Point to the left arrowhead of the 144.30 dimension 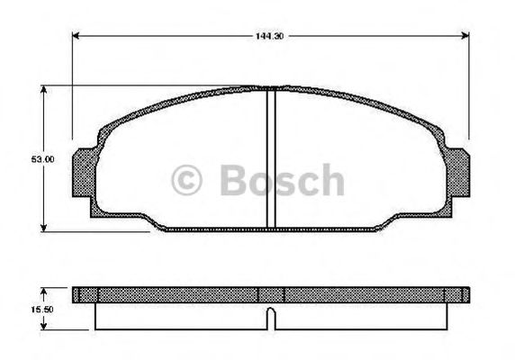(x=76, y=36)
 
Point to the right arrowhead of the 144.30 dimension (x=465, y=36)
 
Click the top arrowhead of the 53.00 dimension (x=42, y=89)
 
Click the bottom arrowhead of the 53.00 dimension (x=42, y=227)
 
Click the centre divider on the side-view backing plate (x=271, y=294)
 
